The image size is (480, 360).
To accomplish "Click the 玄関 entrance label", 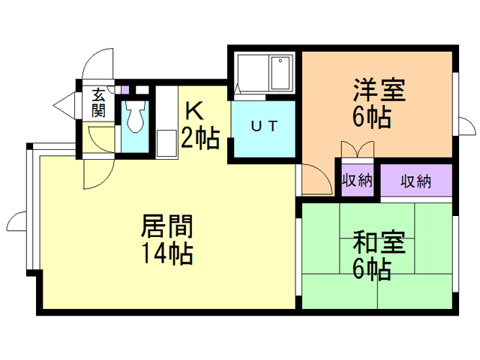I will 98,103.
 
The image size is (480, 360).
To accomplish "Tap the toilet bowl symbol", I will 135,116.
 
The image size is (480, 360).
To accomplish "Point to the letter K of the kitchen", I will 194,111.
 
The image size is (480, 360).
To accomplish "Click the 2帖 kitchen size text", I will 199,138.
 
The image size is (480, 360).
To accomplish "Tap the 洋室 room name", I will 379,90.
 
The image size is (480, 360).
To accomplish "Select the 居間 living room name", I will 167,226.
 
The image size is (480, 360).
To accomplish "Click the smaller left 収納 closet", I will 357,180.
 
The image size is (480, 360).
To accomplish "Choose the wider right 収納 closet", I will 416,180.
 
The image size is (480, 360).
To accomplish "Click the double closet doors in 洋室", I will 357,149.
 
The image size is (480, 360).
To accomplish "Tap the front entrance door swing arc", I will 96,63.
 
